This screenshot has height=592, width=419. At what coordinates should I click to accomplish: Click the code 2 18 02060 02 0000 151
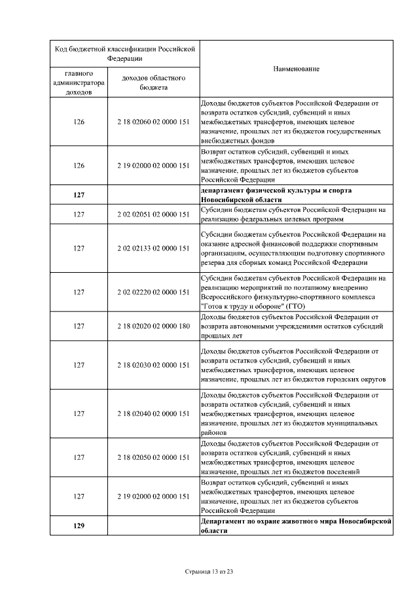[x=153, y=121]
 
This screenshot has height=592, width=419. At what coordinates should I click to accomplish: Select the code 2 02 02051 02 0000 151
[x=153, y=213]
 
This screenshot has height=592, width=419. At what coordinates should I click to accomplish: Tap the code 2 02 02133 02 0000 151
[x=153, y=248]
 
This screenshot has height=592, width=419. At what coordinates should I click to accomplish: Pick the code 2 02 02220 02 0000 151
[x=153, y=291]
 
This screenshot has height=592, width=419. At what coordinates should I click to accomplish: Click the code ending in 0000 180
[x=153, y=326]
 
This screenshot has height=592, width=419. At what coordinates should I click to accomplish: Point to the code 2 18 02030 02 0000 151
[x=153, y=364]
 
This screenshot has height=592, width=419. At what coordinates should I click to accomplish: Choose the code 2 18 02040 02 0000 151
[x=153, y=413]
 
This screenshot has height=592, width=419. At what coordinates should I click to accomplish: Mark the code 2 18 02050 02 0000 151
[x=153, y=457]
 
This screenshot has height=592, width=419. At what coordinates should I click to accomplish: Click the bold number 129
[x=79, y=526]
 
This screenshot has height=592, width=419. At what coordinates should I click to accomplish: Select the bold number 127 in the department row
[x=79, y=195]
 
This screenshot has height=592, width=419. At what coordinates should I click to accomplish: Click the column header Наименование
[x=296, y=69]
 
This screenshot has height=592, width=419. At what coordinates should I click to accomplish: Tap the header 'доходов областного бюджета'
[x=153, y=82]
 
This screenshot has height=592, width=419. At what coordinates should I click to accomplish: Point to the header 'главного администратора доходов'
[x=79, y=82]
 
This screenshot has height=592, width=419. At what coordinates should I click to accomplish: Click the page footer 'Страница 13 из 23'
[x=209, y=572]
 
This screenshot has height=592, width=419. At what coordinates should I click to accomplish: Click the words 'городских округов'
[x=354, y=379]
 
